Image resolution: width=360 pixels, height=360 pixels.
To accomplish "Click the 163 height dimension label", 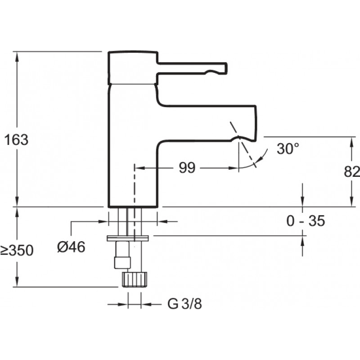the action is [x=16, y=140].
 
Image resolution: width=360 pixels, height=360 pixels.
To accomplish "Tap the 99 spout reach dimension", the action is [x=187, y=168].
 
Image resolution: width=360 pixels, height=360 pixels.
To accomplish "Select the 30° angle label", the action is [x=288, y=148].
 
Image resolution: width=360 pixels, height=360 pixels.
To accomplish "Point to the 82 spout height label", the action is [x=352, y=171].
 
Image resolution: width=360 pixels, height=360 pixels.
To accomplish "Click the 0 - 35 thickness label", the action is [x=306, y=221].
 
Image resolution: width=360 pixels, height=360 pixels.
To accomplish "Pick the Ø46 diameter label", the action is [x=71, y=247].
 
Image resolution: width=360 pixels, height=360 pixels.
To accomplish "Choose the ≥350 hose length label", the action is [x=17, y=250].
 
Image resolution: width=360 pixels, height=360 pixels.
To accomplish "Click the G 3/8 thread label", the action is [x=184, y=304].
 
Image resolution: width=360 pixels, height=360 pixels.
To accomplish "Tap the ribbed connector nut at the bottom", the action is [x=135, y=279].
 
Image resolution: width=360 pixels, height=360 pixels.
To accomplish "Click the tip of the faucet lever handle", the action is [x=226, y=68].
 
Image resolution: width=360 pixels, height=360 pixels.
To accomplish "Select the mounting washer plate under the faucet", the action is [x=128, y=238].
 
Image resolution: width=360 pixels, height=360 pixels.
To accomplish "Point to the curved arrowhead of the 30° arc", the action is [x=257, y=160].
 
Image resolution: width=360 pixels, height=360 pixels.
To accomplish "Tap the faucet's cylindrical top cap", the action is [x=133, y=67].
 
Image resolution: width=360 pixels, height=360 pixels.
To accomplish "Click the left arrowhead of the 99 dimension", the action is [x=139, y=168].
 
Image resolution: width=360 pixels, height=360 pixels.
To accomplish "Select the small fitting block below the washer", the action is [x=122, y=255].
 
